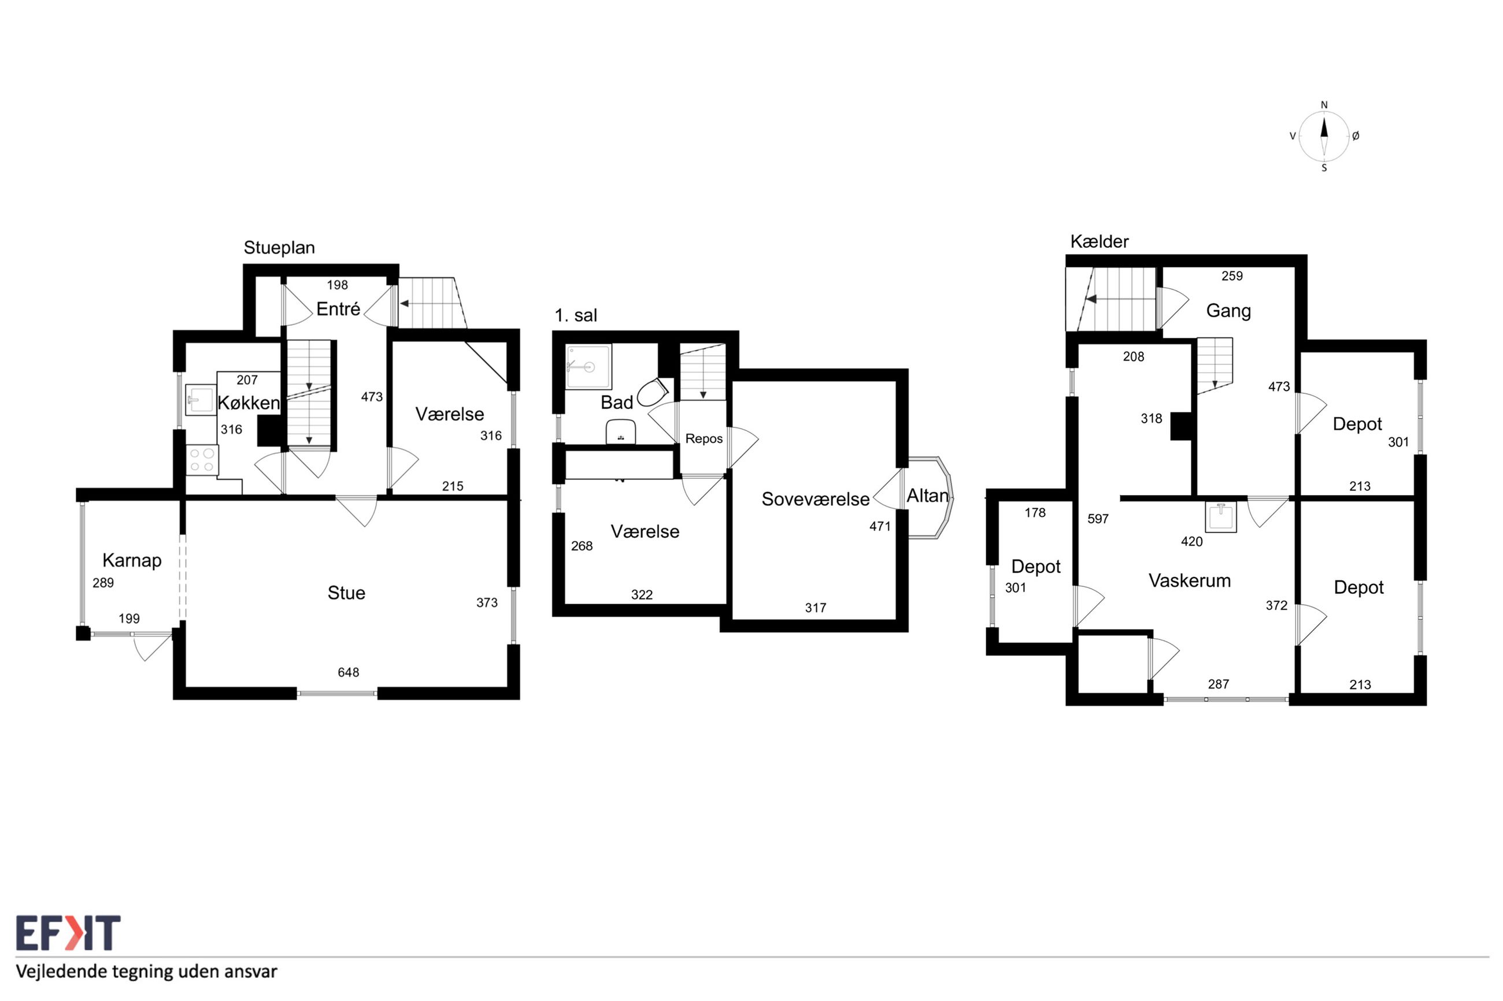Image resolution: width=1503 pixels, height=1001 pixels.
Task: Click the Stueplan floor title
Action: (x=279, y=248)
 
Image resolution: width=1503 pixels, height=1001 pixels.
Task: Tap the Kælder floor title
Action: (x=1100, y=241)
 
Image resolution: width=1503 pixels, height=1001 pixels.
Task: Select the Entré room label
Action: (x=338, y=309)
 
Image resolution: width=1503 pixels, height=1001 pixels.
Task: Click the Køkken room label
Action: (x=249, y=403)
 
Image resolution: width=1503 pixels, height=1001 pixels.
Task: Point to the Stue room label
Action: (x=346, y=593)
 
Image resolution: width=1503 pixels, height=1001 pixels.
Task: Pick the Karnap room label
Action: (x=132, y=560)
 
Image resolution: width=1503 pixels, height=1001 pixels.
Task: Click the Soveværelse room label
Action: (x=815, y=499)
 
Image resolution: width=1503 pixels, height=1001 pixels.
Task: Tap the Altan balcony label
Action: (x=927, y=496)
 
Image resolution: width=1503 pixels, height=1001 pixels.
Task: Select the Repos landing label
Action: (x=704, y=438)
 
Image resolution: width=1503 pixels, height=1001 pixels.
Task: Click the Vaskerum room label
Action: (x=1189, y=580)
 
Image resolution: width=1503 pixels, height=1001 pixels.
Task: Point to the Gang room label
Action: (x=1228, y=311)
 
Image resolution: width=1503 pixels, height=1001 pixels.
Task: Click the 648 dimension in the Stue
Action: (x=348, y=672)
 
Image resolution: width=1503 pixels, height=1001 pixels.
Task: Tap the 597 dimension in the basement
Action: (x=1098, y=519)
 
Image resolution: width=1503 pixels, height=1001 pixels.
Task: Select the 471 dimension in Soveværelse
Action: (x=880, y=526)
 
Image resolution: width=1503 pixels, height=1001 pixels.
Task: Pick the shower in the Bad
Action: (x=588, y=366)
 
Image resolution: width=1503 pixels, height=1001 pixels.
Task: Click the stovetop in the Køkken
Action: (x=202, y=460)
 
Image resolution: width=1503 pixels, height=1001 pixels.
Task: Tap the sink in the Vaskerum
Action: (x=1221, y=516)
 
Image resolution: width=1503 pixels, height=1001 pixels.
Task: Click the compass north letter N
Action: (x=1324, y=105)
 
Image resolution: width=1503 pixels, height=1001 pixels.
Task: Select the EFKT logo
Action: (x=68, y=933)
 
